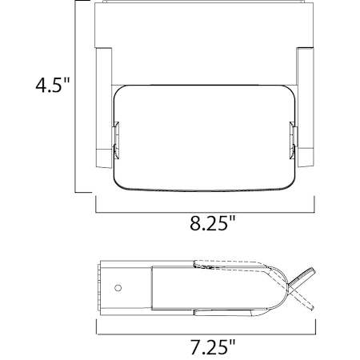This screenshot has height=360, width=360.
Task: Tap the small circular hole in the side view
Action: (x=118, y=287)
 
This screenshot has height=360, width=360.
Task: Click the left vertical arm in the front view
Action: (x=103, y=104)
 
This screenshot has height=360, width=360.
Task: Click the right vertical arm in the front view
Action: (x=305, y=104)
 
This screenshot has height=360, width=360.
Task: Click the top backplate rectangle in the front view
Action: (x=204, y=24)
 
